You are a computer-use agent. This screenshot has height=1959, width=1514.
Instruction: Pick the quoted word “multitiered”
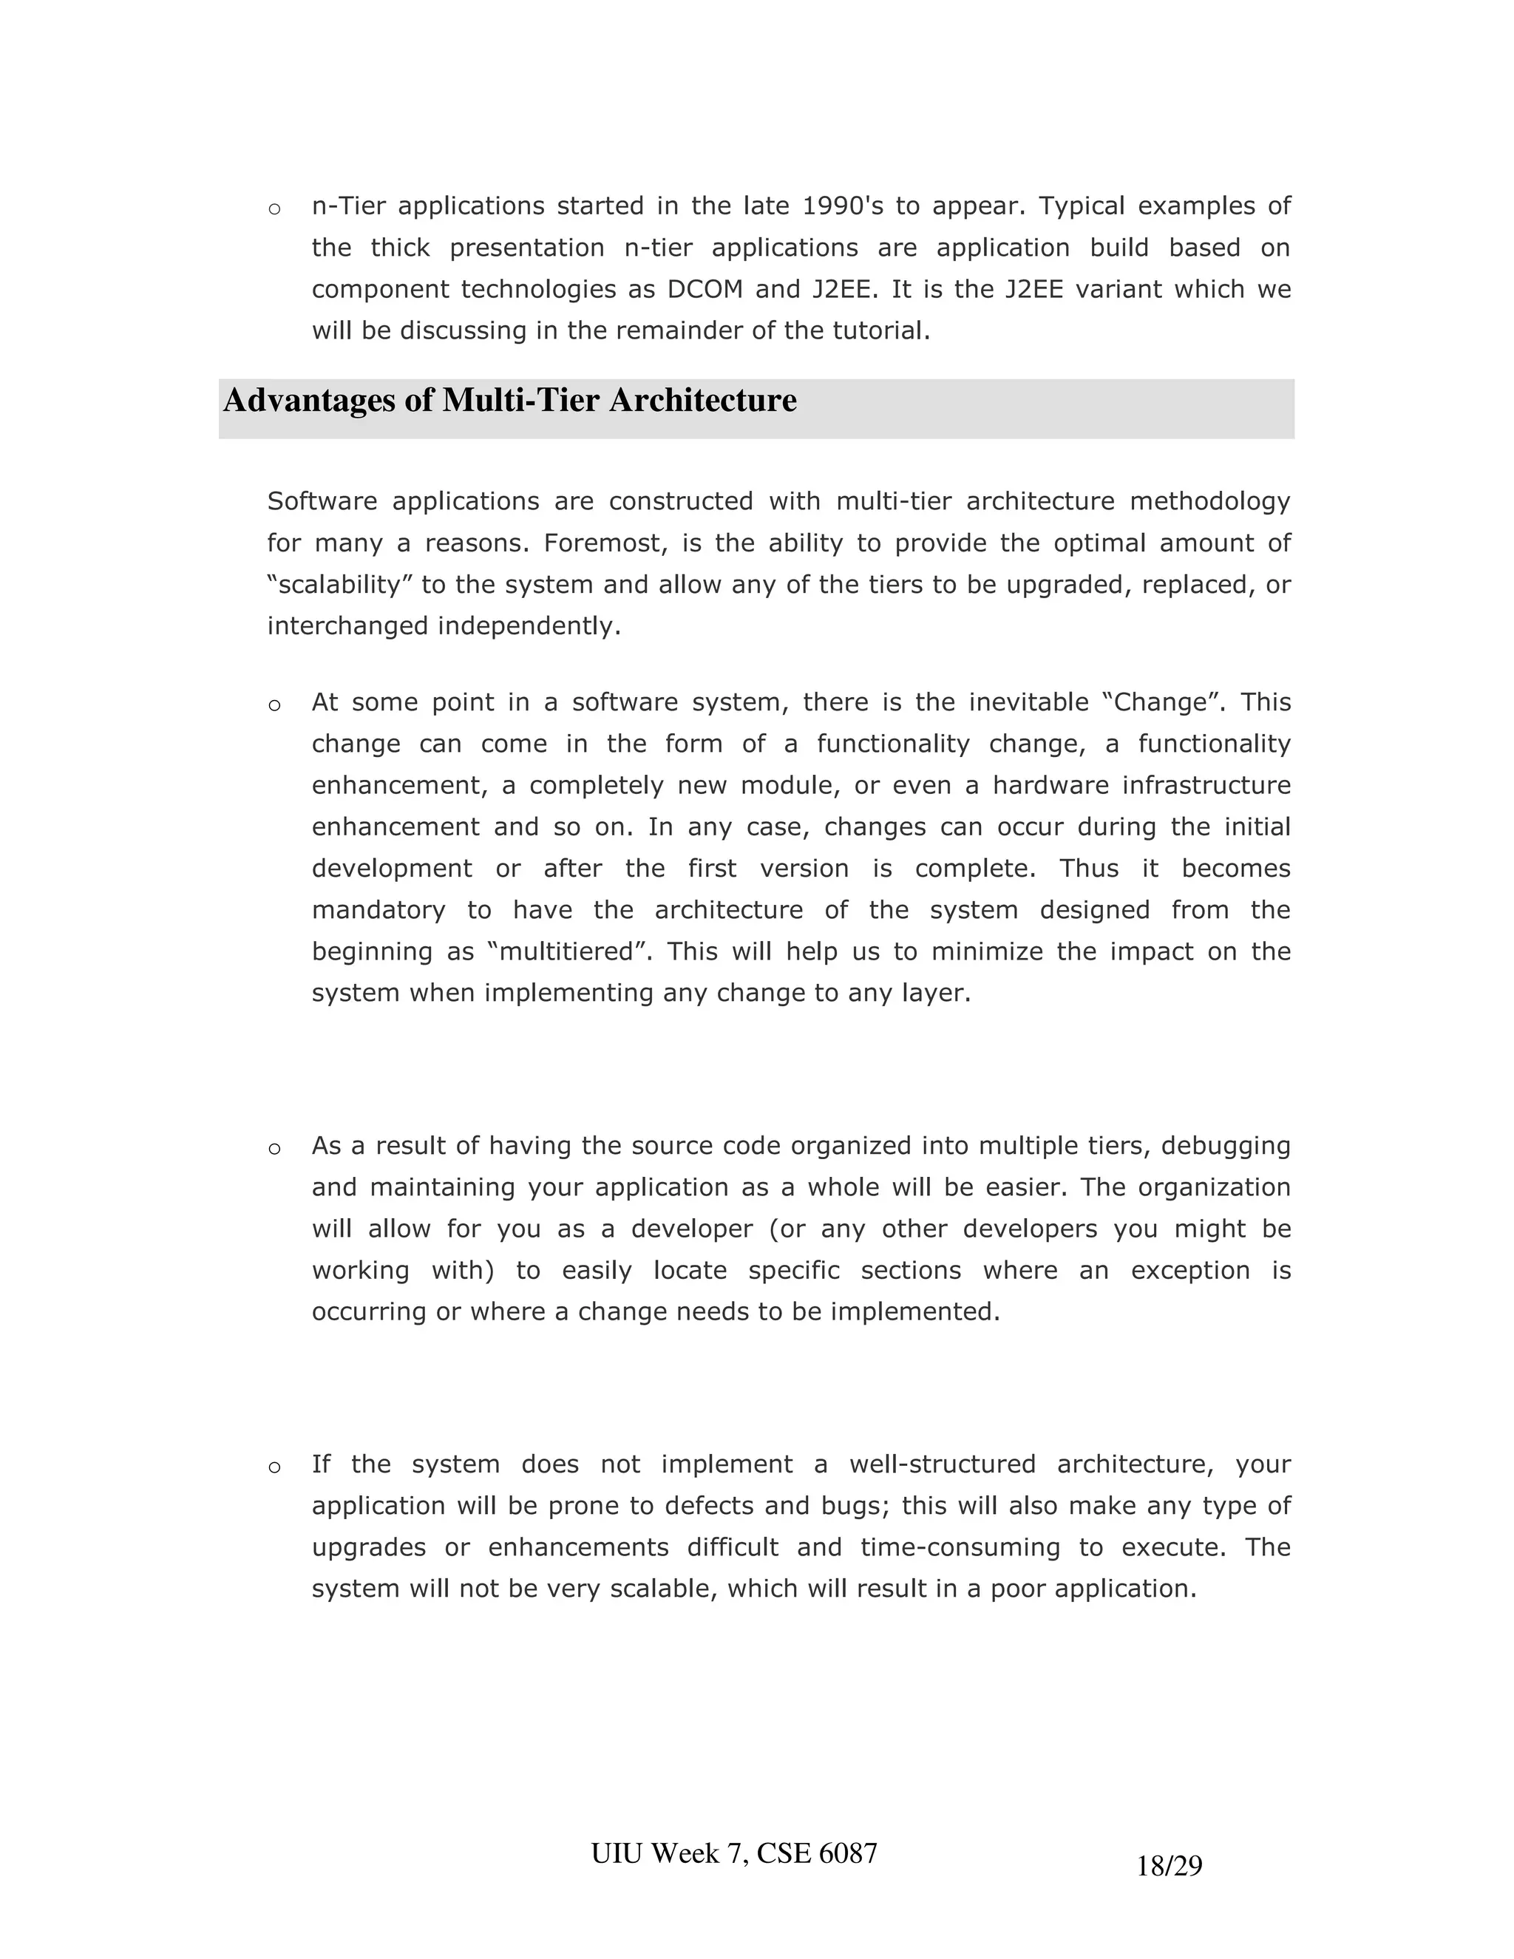coord(568,951)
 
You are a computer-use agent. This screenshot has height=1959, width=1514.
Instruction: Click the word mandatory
coord(378,911)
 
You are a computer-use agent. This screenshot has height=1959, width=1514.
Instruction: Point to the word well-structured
coord(942,1464)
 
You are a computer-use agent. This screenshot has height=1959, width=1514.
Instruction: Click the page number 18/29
coord(1169,1867)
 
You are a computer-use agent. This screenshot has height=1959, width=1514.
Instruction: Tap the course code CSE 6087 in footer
coord(816,1853)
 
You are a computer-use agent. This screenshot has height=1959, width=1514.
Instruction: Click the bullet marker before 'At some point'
coord(274,706)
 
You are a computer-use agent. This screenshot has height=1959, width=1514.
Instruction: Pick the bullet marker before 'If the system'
coord(274,1468)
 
